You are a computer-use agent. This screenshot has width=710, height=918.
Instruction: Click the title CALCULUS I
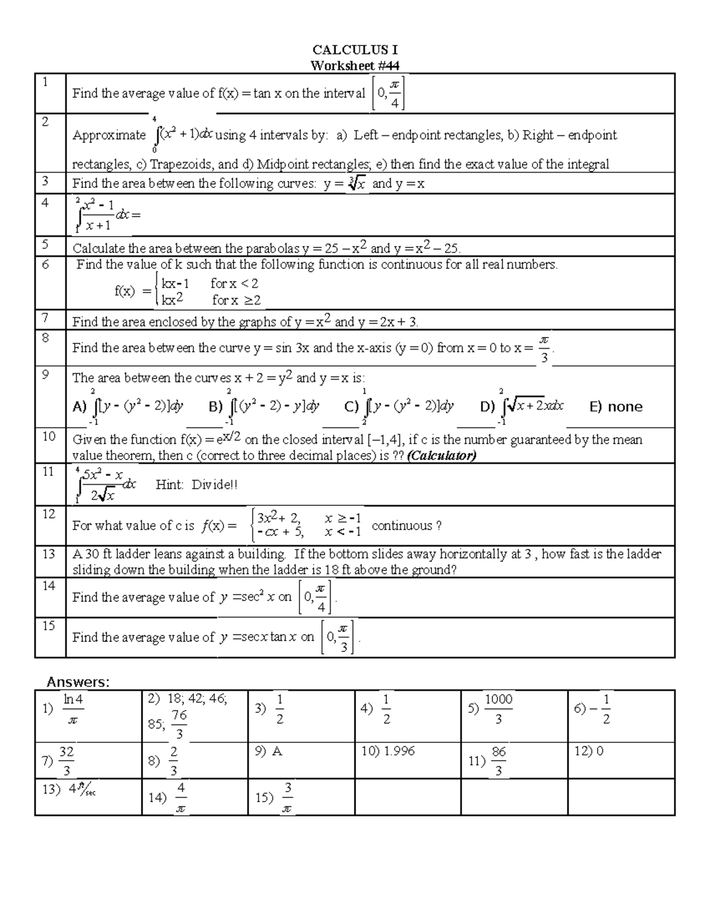[355, 50]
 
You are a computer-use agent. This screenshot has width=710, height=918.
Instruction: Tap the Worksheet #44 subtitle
[355, 65]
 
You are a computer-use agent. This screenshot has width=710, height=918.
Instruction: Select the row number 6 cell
[50, 282]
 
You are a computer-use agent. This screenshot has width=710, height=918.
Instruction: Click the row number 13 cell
[50, 561]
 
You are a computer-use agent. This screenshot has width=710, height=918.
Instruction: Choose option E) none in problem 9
[616, 407]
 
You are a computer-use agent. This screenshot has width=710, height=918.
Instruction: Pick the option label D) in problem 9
[488, 407]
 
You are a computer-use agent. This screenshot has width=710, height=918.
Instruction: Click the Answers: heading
[78, 682]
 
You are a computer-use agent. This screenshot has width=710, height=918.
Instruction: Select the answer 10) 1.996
[388, 751]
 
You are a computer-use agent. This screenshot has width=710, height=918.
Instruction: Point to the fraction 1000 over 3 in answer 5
[498, 709]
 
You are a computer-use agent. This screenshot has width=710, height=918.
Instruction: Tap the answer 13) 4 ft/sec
[69, 789]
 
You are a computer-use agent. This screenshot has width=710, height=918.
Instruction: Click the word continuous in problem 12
[402, 526]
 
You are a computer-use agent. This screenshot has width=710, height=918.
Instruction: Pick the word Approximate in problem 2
[109, 135]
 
